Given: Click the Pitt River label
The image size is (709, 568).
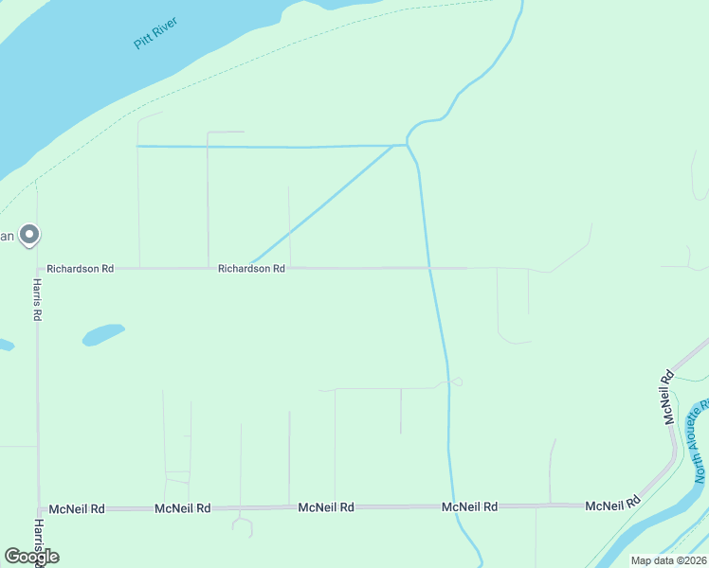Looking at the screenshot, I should [156, 33].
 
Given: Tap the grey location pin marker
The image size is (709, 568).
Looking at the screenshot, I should [29, 234].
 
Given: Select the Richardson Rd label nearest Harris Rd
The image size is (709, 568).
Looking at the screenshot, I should [81, 269].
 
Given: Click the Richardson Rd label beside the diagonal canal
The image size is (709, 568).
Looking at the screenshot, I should [251, 269].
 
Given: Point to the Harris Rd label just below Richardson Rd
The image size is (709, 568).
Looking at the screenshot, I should [38, 300].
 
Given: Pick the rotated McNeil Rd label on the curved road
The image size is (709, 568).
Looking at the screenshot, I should [669, 396].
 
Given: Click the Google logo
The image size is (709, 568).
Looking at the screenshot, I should [31, 556].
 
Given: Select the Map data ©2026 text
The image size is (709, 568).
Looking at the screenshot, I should [668, 560].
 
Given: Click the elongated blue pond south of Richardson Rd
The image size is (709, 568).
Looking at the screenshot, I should [103, 334].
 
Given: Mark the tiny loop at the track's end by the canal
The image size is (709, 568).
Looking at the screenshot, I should [457, 382].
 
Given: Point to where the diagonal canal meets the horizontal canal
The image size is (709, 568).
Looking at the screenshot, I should [392, 146].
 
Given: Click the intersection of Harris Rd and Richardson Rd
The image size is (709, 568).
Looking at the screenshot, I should [38, 269].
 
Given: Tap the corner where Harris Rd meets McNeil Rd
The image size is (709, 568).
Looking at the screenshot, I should [39, 508].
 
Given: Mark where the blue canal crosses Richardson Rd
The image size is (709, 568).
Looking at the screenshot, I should [429, 268].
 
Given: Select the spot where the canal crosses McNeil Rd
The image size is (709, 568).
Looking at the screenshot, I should [452, 506].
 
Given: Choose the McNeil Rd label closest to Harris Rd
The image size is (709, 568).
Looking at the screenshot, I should [77, 508].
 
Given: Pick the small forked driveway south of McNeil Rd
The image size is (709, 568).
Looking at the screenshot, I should [242, 522].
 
